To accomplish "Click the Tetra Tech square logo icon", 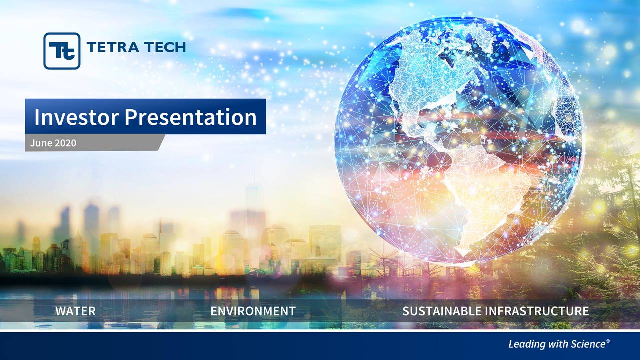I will point(62,51).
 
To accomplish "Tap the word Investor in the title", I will point(76,117).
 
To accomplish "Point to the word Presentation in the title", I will point(190,117).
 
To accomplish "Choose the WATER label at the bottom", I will point(75,311).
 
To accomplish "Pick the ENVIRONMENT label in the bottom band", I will point(253,311).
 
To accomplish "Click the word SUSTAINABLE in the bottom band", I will point(442,311).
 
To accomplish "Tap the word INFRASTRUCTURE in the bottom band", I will point(537,311).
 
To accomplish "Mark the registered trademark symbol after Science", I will point(608,341).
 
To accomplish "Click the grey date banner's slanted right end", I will point(160,142).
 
